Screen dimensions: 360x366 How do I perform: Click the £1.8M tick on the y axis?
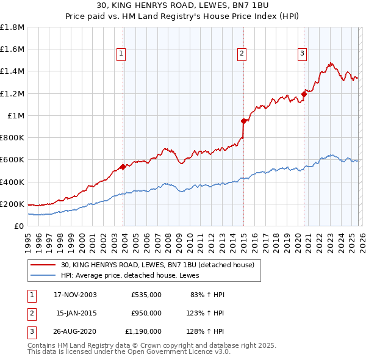[x=12, y=27]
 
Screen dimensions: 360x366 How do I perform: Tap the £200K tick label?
[x=12, y=204]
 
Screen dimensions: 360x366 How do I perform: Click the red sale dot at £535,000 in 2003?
[x=123, y=167]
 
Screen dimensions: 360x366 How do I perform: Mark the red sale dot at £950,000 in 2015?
[x=243, y=121]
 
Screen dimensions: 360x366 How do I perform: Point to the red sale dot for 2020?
[x=304, y=95]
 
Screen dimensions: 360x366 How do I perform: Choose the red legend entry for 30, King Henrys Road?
[x=161, y=265]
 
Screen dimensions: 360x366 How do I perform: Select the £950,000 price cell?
[x=146, y=313]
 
